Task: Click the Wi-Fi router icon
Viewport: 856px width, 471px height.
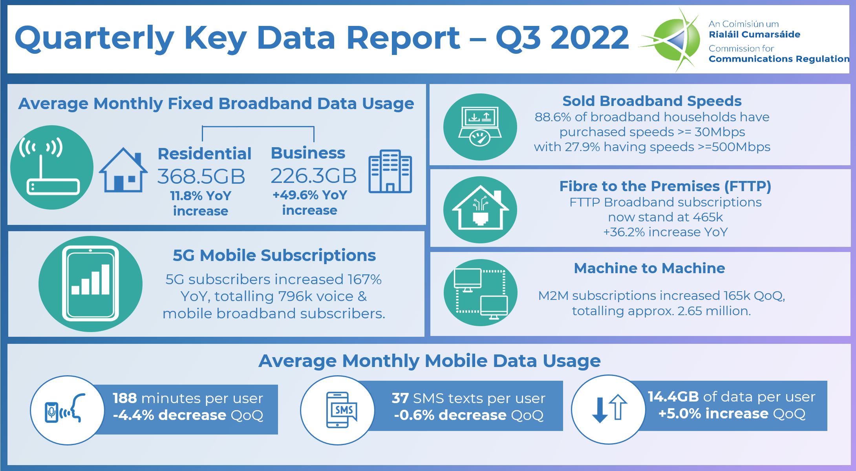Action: pyautogui.click(x=52, y=167)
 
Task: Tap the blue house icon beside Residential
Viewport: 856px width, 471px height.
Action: pyautogui.click(x=123, y=170)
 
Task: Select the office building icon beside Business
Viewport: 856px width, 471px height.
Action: pyautogui.click(x=390, y=171)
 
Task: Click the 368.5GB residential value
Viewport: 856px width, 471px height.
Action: pyautogui.click(x=201, y=176)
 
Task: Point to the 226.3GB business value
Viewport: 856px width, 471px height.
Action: pyautogui.click(x=313, y=175)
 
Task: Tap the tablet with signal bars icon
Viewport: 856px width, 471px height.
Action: pyautogui.click(x=90, y=284)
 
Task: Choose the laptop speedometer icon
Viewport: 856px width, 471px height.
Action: pyautogui.click(x=480, y=127)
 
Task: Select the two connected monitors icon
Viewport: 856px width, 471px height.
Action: pyautogui.click(x=480, y=293)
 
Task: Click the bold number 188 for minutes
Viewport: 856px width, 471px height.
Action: pyautogui.click(x=125, y=398)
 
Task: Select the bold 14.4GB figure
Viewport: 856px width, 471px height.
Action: pyautogui.click(x=673, y=396)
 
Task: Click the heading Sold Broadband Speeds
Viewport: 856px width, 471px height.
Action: pyautogui.click(x=652, y=101)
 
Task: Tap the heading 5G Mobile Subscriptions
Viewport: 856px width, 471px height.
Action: pyautogui.click(x=274, y=255)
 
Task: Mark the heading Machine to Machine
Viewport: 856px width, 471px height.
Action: pyautogui.click(x=649, y=268)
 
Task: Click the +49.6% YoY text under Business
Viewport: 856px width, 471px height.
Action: pyautogui.click(x=310, y=195)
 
